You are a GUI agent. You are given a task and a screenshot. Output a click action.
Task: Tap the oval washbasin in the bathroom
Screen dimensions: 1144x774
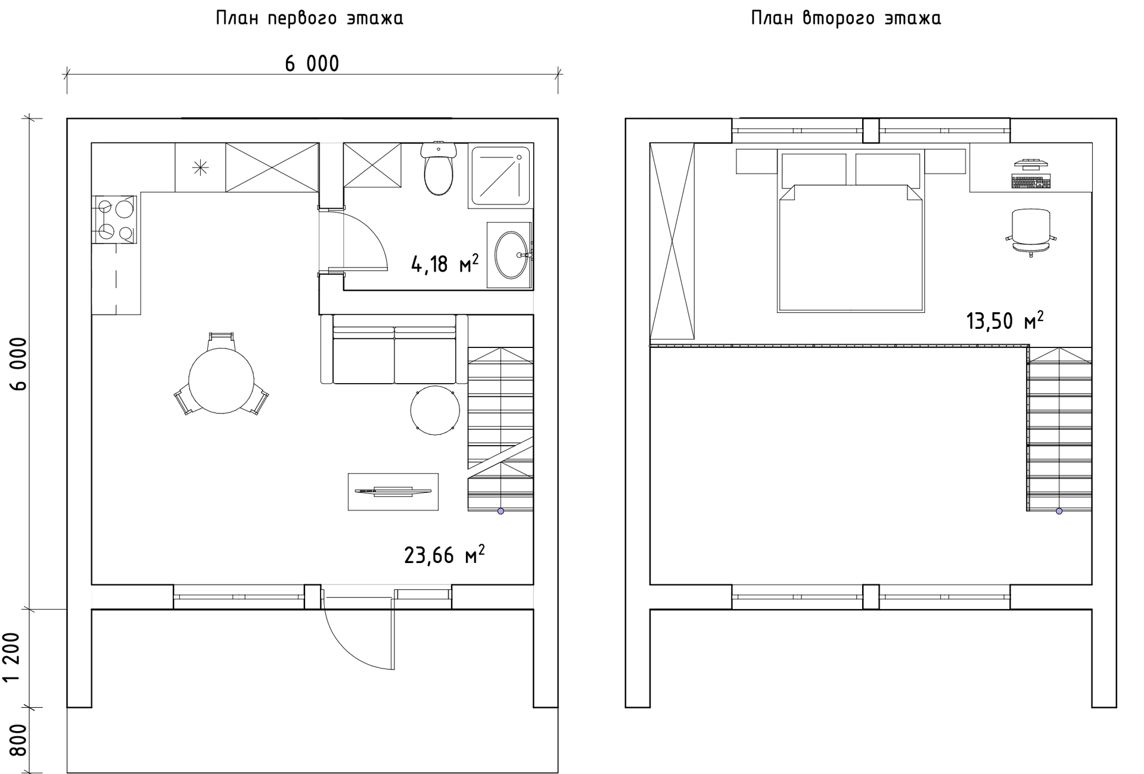(x=511, y=255)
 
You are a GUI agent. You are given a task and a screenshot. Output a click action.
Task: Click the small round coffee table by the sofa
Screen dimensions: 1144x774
(x=435, y=410)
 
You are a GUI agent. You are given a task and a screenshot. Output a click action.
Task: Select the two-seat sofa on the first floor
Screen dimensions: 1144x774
(x=394, y=349)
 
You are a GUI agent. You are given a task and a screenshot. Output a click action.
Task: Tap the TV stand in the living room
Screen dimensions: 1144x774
(x=393, y=492)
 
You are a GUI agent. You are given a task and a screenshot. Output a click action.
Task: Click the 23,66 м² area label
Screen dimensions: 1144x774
(x=444, y=555)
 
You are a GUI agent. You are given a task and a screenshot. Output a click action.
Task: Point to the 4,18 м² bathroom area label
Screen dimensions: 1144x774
(x=444, y=263)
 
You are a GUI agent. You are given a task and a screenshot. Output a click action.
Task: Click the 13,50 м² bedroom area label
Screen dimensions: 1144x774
(x=1005, y=321)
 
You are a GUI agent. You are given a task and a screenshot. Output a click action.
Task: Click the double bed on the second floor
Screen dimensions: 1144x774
(x=850, y=232)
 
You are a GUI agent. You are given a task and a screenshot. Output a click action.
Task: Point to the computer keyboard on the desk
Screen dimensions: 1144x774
(x=1031, y=181)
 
